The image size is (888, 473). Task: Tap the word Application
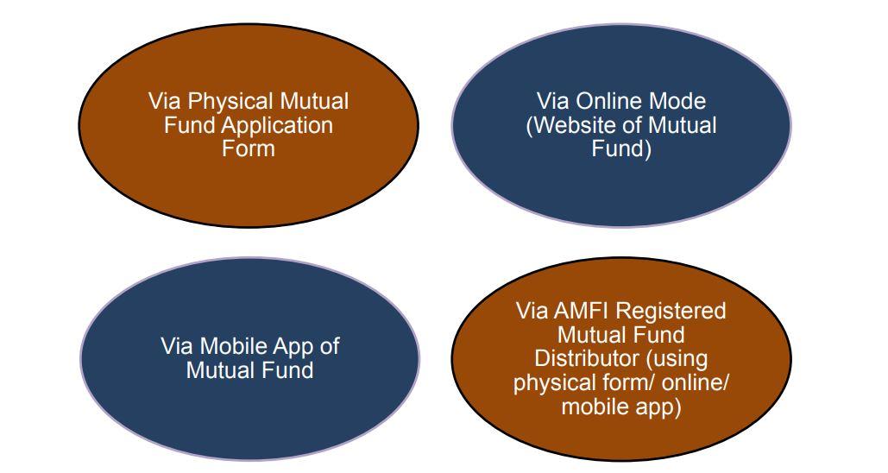tap(277, 126)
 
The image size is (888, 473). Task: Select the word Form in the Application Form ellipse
tap(248, 149)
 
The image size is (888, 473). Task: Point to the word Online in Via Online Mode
tap(608, 101)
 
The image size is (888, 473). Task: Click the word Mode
tap(677, 101)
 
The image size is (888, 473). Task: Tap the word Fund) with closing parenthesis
tap(621, 149)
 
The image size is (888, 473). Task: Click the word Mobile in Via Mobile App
tap(234, 346)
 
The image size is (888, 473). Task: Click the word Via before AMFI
tap(532, 311)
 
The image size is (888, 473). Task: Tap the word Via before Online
tap(552, 101)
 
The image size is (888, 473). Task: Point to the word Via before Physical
tap(165, 101)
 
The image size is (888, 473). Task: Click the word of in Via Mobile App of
tap(329, 346)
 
